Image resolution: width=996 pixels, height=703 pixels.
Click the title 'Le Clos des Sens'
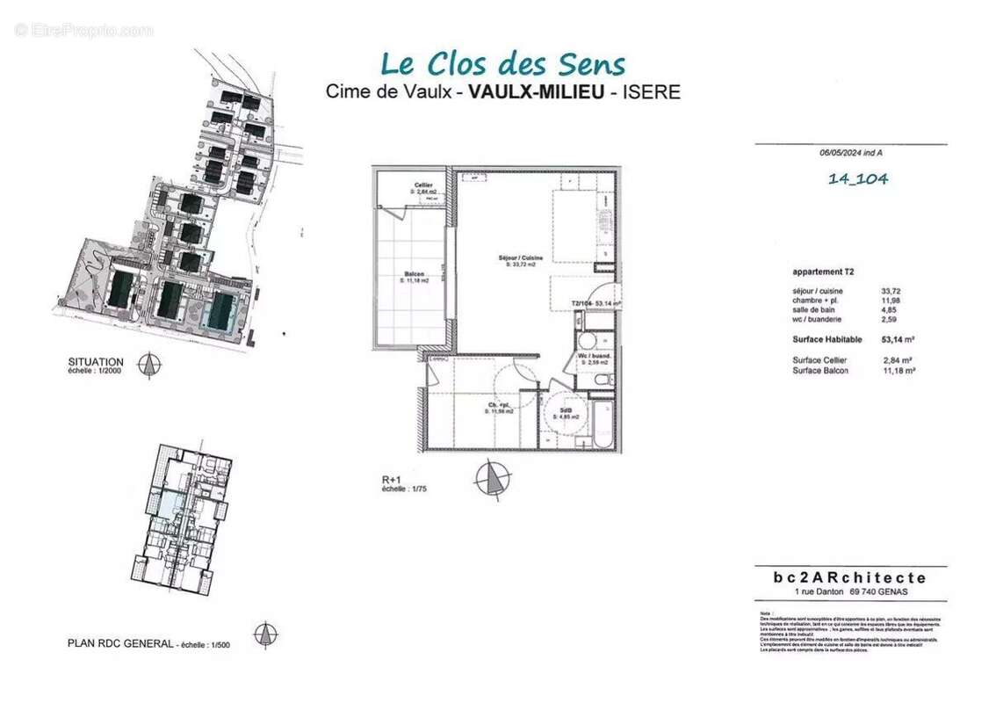click(502, 64)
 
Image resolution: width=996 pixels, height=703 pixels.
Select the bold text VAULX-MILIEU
click(536, 91)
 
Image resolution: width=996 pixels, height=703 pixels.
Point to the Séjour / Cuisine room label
click(520, 259)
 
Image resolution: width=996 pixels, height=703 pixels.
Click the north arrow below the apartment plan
click(492, 480)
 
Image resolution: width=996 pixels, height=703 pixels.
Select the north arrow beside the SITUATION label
click(150, 365)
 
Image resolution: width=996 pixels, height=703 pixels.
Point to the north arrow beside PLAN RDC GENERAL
click(264, 634)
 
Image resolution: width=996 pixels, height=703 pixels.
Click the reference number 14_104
click(857, 179)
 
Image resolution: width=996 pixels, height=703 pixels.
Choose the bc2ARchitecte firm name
click(849, 577)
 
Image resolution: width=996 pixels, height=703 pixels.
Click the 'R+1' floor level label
click(380, 480)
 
